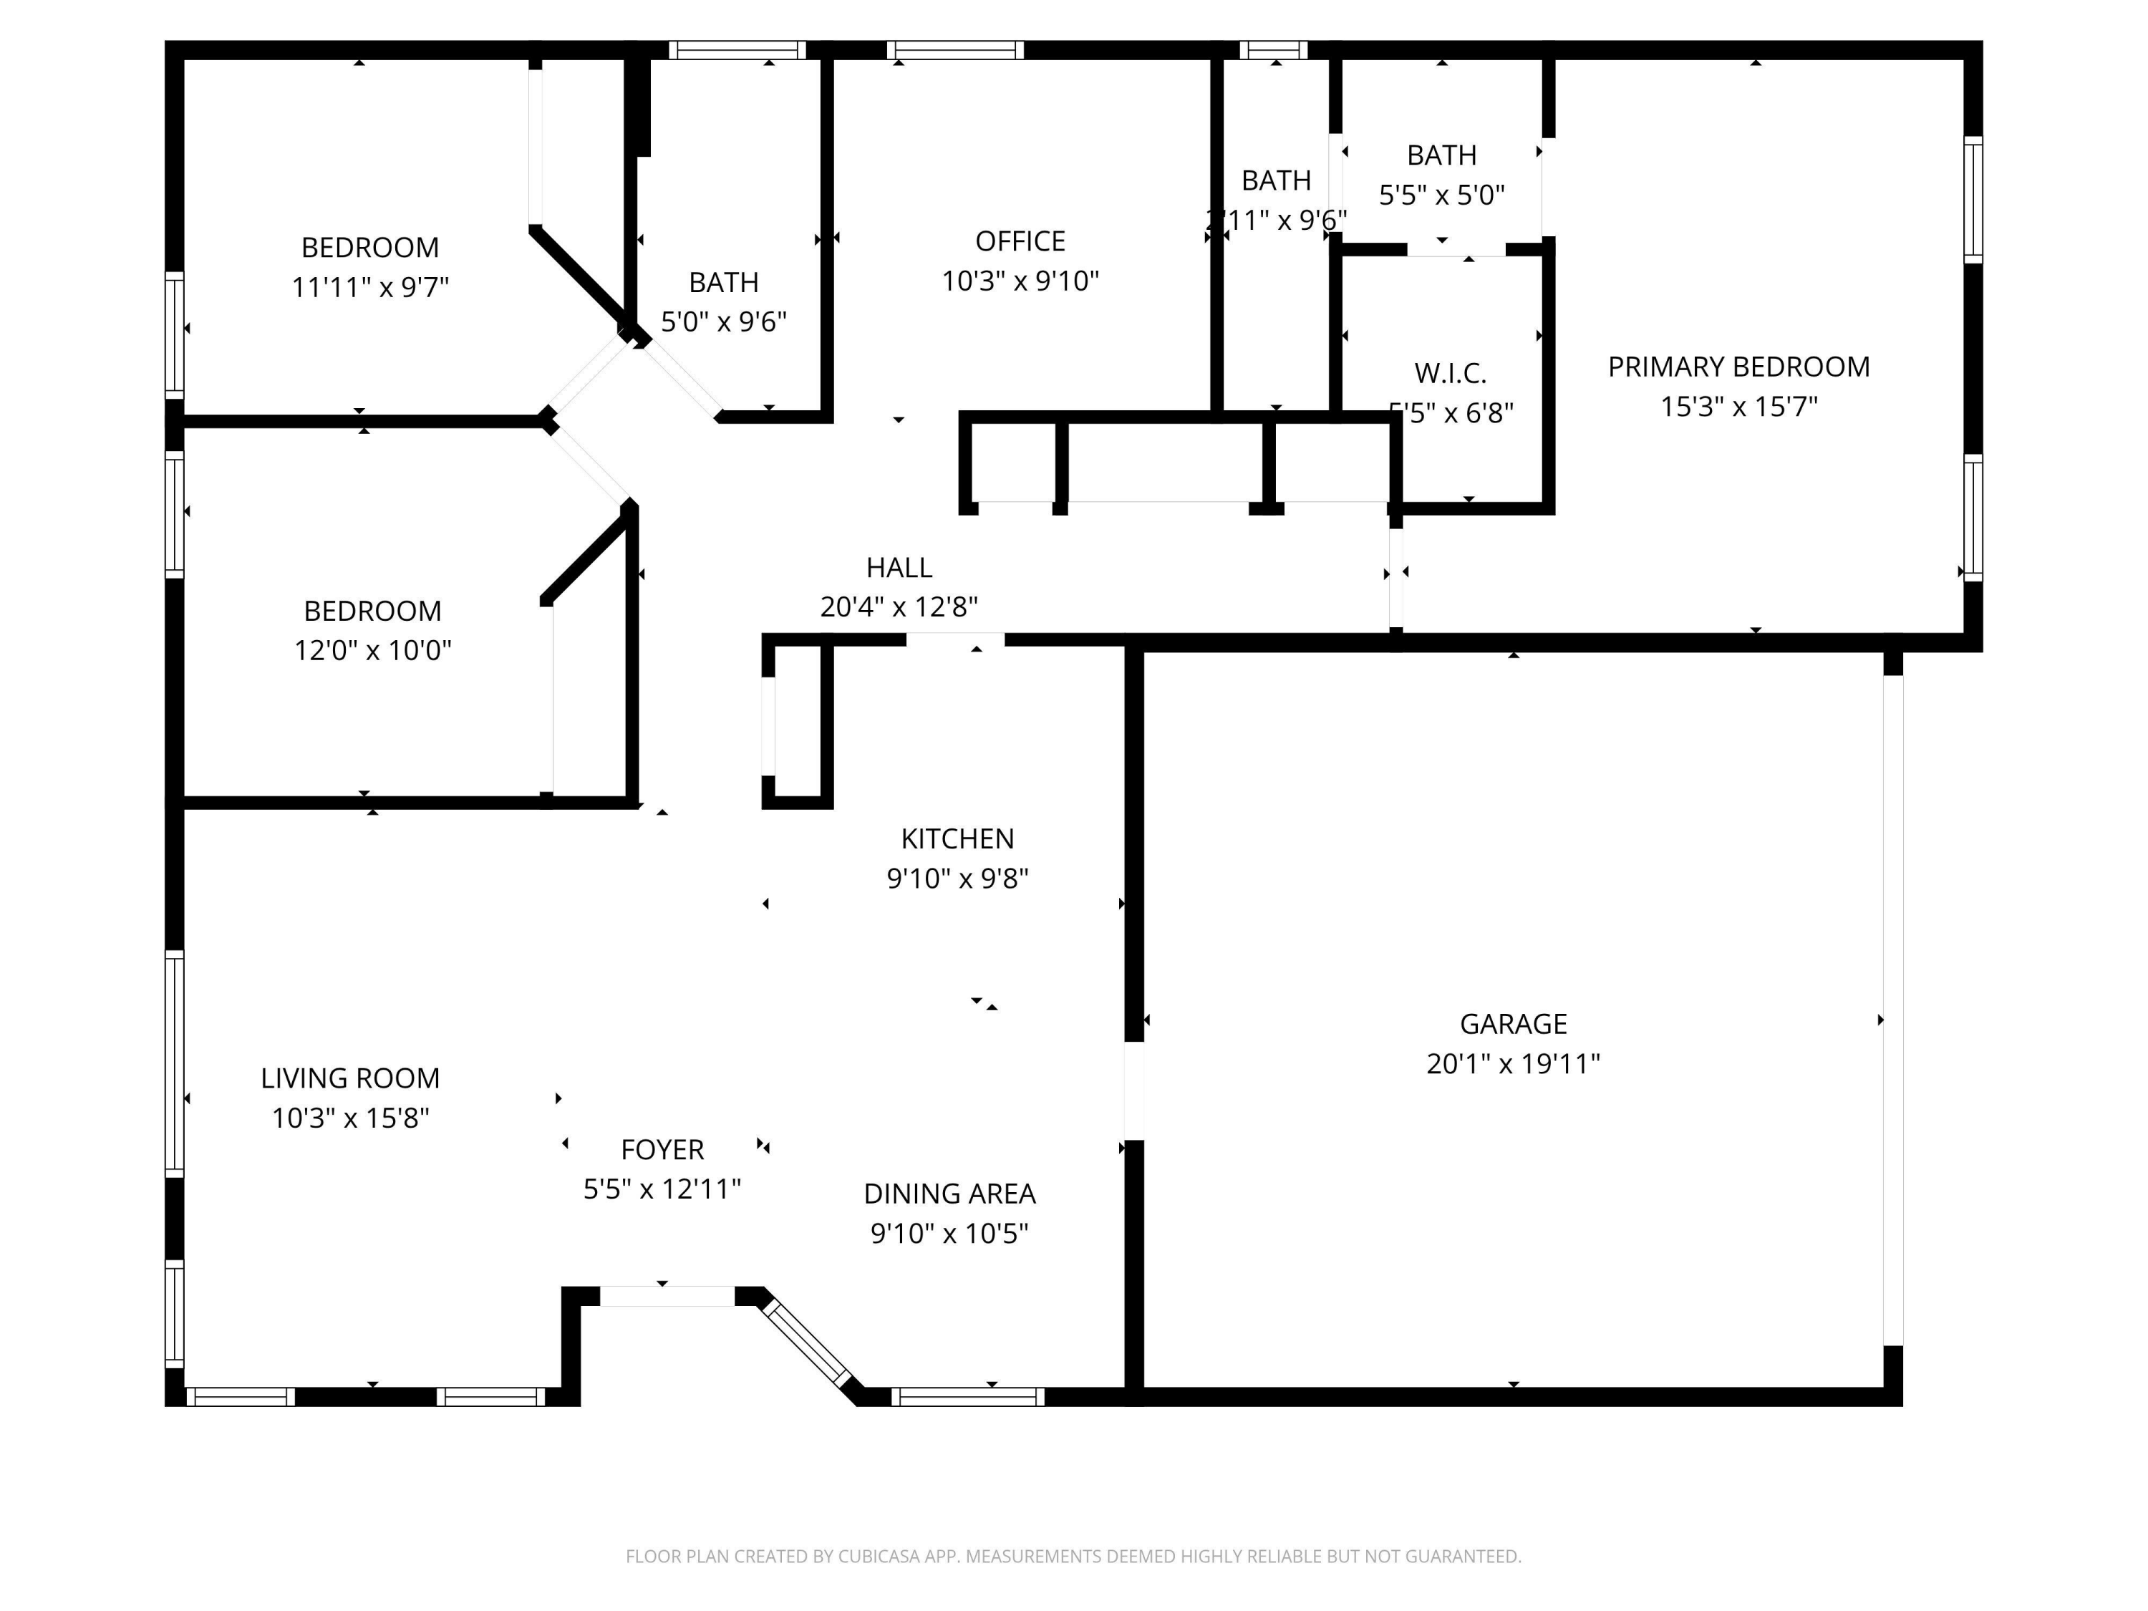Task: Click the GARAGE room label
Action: [x=1513, y=1023]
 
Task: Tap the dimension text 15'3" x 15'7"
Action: [x=1738, y=406]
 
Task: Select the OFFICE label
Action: [x=1020, y=241]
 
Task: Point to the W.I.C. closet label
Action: [x=1450, y=373]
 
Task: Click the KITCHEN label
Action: [x=957, y=838]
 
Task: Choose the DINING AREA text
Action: [x=949, y=1194]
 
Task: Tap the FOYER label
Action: [x=662, y=1150]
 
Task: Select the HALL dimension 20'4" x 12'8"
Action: [x=899, y=607]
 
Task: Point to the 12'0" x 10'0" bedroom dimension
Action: [x=373, y=649]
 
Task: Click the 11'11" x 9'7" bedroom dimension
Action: [x=370, y=287]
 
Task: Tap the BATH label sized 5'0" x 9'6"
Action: [x=723, y=283]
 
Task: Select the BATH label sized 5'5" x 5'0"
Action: [x=1441, y=155]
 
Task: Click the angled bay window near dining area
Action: [x=806, y=1344]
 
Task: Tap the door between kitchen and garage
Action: [x=1133, y=1090]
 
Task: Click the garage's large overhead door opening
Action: [x=1892, y=1010]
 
